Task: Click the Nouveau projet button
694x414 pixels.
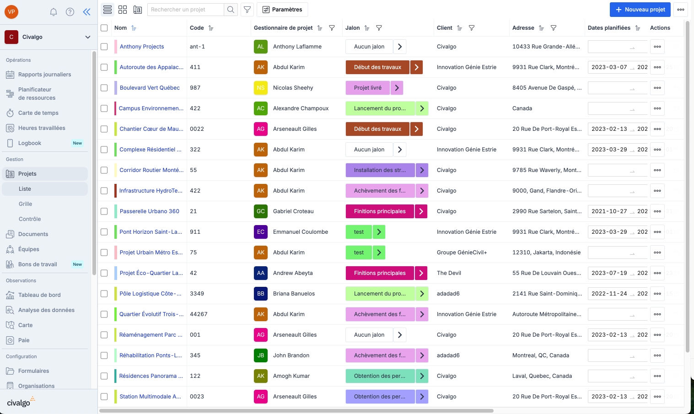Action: coord(640,10)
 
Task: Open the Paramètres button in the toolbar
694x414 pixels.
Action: coord(282,10)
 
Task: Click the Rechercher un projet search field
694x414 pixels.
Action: coord(186,10)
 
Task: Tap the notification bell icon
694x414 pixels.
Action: coord(54,12)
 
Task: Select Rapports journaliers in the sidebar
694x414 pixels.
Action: coord(44,75)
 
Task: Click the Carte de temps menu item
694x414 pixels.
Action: coord(38,113)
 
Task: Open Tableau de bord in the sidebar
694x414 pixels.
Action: coord(39,295)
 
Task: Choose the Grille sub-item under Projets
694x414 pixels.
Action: coord(26,204)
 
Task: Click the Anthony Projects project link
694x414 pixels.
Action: coord(142,47)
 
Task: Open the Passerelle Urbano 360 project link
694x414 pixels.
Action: coord(149,211)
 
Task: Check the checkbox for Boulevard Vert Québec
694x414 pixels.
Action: coord(104,88)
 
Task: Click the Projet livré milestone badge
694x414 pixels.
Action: coord(368,88)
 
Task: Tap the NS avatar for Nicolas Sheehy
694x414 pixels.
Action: coord(261,88)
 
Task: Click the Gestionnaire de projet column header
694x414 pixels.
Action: coord(283,28)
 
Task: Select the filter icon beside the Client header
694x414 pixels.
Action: coord(472,28)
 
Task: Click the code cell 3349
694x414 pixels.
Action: coord(197,294)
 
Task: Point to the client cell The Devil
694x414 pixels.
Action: coord(449,273)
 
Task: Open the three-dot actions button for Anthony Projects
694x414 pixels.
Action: coord(657,47)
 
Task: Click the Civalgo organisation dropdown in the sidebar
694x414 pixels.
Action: coord(48,37)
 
